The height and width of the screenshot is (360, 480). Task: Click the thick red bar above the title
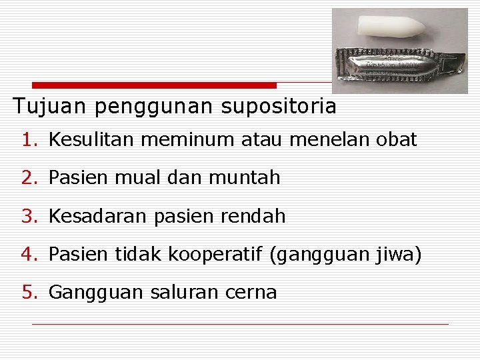[154, 85]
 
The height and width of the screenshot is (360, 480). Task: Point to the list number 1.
[27, 140]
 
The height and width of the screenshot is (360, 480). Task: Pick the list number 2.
[27, 178]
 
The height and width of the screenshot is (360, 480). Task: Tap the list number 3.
[27, 217]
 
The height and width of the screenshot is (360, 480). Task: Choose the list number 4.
[27, 255]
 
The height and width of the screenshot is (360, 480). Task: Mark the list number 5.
[27, 293]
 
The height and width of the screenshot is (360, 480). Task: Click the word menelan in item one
[331, 140]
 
